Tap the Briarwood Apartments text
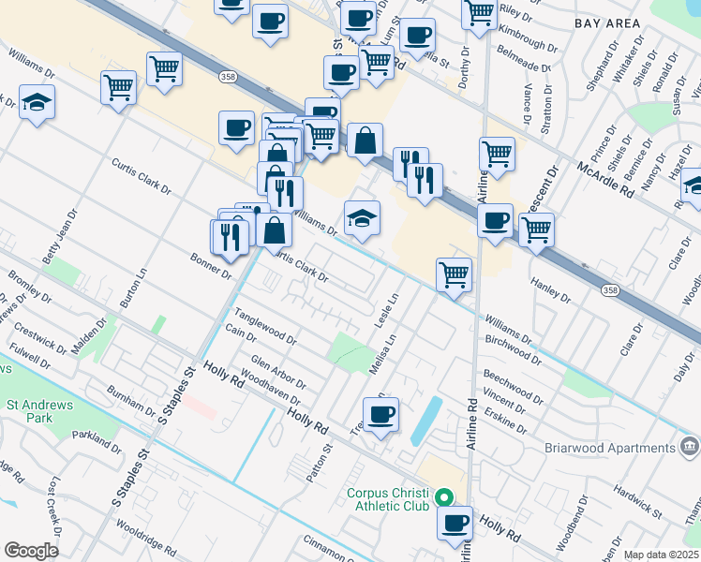pyautogui.click(x=610, y=447)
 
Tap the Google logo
pyautogui.click(x=31, y=551)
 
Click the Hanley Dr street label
pyautogui.click(x=550, y=290)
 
